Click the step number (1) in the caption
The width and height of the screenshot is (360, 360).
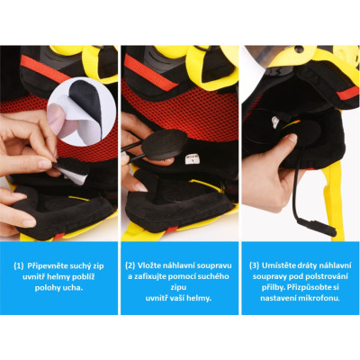coord(19,265)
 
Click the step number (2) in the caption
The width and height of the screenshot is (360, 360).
coord(130,265)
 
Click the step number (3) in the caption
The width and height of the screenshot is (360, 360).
coord(254,265)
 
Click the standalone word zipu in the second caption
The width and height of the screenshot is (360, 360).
coord(179,288)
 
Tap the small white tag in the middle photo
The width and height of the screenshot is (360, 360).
coord(192,159)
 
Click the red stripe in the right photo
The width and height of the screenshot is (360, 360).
coord(347,93)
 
